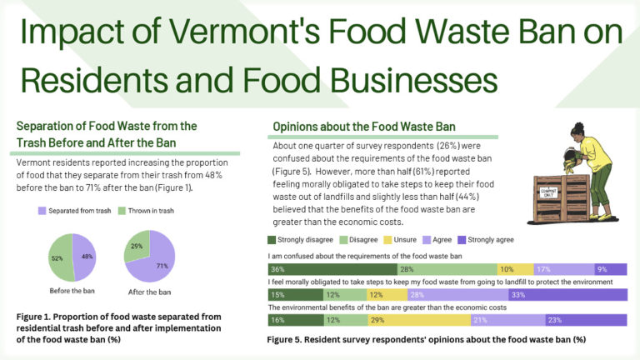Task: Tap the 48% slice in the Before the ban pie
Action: pos(86,258)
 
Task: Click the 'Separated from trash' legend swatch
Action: pos(42,211)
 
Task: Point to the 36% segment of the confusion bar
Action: pos(332,269)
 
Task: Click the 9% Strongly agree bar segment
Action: pos(610,269)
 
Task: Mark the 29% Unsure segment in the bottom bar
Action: pos(399,320)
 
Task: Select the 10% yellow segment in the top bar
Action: pos(513,269)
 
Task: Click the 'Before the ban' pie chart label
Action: pos(73,292)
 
